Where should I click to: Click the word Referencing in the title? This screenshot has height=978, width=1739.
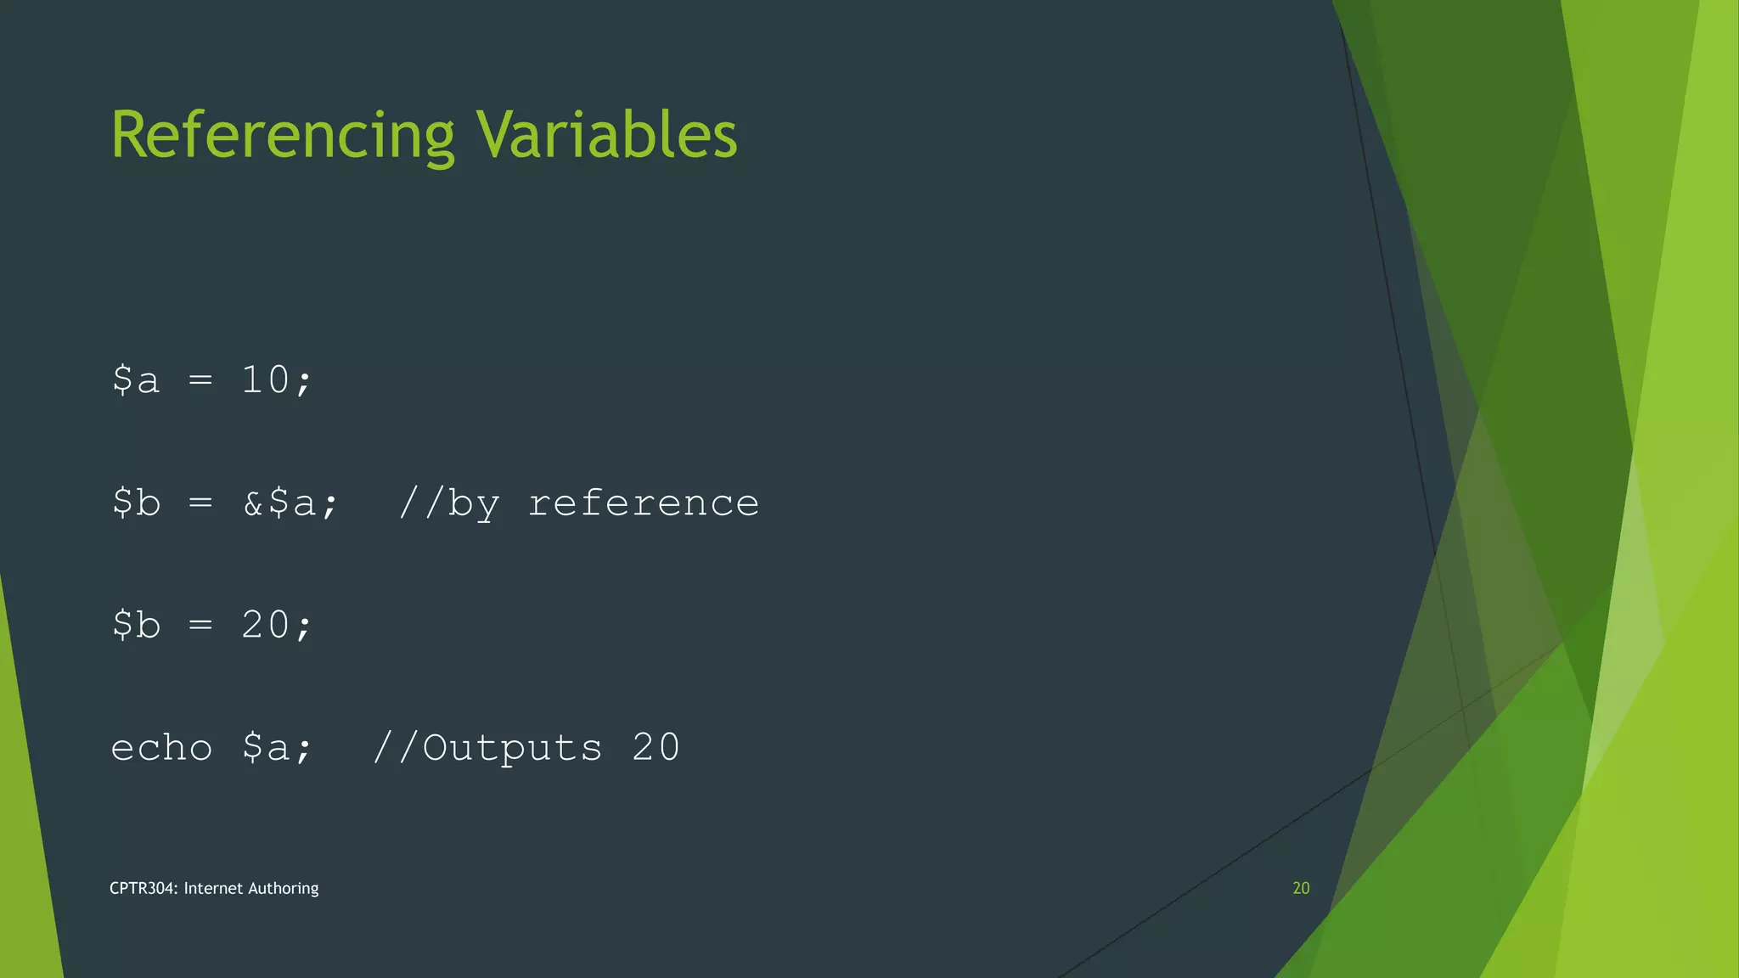pos(283,136)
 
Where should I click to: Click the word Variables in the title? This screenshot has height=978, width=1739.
pos(606,136)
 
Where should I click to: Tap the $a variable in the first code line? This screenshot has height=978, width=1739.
pos(136,379)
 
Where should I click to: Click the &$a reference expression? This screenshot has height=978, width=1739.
pos(290,503)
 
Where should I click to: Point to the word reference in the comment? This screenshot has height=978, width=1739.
pos(643,503)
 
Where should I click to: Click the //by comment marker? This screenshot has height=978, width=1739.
pos(449,503)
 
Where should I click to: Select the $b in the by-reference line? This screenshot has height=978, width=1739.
pos(136,503)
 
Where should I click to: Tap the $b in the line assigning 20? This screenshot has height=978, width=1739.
pos(136,626)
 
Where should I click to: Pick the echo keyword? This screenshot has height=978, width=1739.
pos(161,748)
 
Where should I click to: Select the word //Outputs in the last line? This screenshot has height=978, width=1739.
pos(487,748)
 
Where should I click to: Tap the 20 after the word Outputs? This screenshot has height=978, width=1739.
pos(656,748)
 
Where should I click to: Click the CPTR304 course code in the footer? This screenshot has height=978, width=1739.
pos(144,888)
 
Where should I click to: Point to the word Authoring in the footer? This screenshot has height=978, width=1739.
pos(284,889)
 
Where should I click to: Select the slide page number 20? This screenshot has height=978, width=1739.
pos(1301,888)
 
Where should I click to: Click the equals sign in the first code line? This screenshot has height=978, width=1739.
pos(200,379)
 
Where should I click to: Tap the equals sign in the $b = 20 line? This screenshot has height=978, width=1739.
pos(200,626)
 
